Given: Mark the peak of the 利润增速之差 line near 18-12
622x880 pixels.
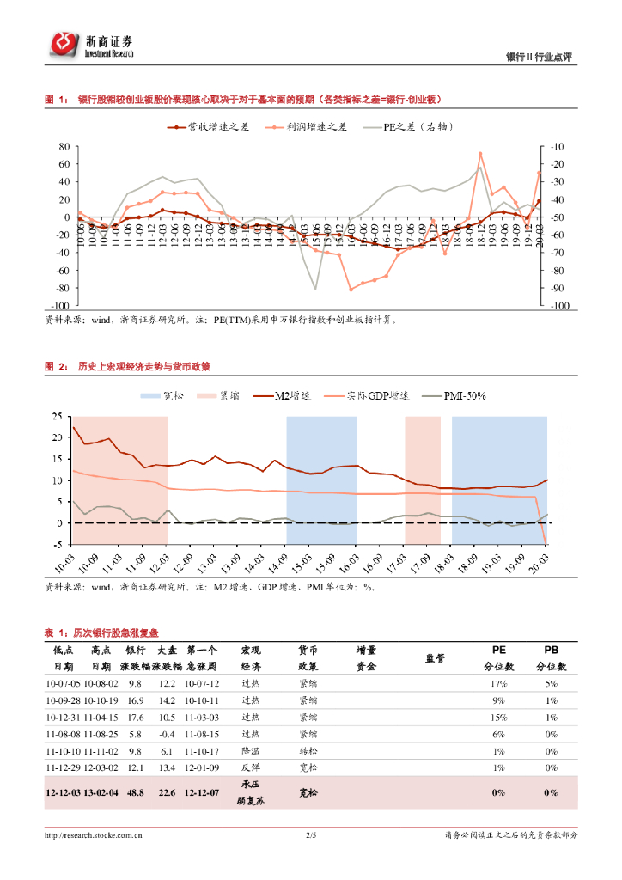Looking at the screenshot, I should (x=480, y=154).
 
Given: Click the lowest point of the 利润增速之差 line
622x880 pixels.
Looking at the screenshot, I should (x=351, y=289).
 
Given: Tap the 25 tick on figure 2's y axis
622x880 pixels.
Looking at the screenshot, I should (x=58, y=416).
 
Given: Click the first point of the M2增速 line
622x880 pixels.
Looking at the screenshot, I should (x=74, y=427).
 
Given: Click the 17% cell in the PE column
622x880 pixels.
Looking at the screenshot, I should (x=498, y=683).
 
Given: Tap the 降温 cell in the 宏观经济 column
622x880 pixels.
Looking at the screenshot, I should (x=251, y=751).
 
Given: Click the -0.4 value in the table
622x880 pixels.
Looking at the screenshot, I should (x=167, y=735).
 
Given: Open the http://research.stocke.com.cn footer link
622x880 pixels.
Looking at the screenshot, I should (x=94, y=834).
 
